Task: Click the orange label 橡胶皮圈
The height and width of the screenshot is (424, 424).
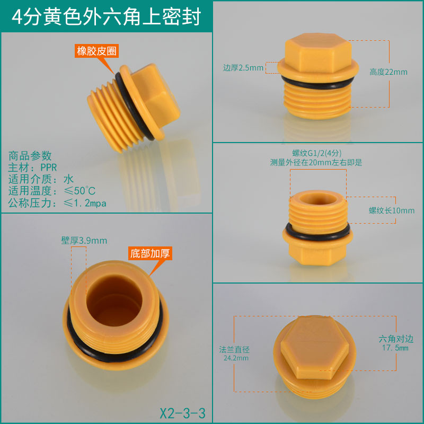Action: (x=96, y=51)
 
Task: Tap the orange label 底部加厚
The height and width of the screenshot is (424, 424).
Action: (x=150, y=253)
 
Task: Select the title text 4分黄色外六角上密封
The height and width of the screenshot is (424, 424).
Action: (x=107, y=16)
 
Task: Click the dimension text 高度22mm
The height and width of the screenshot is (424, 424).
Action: (x=388, y=72)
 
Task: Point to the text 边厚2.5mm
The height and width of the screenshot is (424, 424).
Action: (x=243, y=68)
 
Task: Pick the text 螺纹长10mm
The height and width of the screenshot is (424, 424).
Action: (x=392, y=210)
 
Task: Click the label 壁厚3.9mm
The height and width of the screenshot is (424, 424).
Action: (x=84, y=241)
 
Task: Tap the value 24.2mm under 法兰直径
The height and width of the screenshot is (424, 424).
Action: (x=236, y=358)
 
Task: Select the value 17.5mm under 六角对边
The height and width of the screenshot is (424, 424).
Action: (x=395, y=348)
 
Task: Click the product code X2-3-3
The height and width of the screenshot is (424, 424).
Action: (x=182, y=413)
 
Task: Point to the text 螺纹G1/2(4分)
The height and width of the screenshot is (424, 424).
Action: (x=316, y=153)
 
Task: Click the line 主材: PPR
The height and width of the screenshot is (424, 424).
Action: (x=32, y=167)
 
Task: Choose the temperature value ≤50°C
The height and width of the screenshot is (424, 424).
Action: (x=79, y=191)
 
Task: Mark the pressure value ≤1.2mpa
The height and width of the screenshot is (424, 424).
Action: (x=85, y=203)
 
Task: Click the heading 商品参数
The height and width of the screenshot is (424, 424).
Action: (x=30, y=156)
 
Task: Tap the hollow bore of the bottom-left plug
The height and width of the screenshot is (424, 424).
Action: (x=114, y=300)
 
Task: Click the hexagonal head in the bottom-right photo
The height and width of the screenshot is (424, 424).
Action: (x=314, y=347)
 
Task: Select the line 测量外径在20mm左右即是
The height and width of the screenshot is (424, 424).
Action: (x=316, y=163)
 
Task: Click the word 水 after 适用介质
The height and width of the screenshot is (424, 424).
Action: (x=68, y=179)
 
